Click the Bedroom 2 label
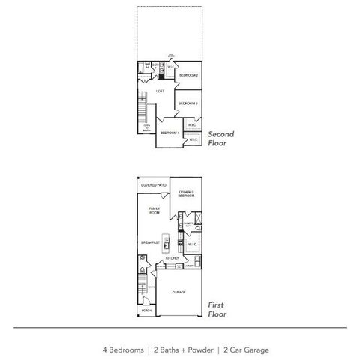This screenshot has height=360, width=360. (x=188, y=76)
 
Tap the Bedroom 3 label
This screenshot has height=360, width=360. (x=188, y=103)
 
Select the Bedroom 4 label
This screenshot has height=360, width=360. (x=169, y=133)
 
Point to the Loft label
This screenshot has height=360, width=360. (x=160, y=91)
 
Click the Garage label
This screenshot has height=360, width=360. (x=178, y=292)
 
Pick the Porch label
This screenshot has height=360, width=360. (x=146, y=310)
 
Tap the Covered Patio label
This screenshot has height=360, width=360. (x=153, y=184)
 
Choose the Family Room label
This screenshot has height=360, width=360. (x=154, y=211)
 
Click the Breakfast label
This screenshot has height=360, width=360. (x=150, y=242)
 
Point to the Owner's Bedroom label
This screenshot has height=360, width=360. (x=187, y=193)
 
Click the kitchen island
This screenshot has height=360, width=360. (x=169, y=243)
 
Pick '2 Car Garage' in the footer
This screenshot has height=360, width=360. (x=245, y=349)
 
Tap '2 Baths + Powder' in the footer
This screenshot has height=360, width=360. (x=184, y=349)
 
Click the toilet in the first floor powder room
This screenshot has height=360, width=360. (x=142, y=268)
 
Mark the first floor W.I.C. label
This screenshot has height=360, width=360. (x=191, y=243)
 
